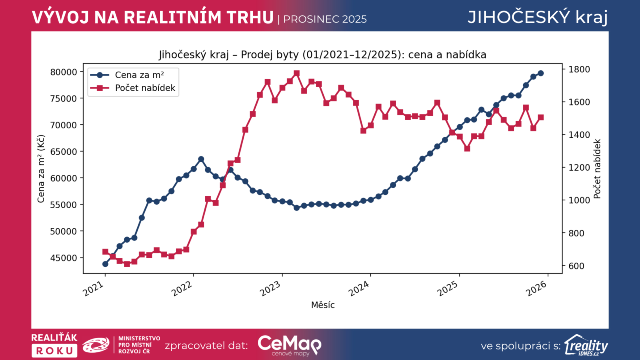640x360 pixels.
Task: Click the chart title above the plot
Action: tap(322, 54)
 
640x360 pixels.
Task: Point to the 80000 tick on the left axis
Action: tap(64, 72)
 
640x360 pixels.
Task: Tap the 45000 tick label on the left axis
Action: tap(64, 258)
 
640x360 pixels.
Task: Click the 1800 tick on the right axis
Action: tap(579, 69)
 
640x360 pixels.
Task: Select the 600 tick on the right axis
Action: tap(576, 266)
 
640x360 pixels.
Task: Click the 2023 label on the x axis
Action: tap(270, 288)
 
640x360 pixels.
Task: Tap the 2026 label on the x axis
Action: tap(536, 288)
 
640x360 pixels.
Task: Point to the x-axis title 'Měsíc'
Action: tap(323, 305)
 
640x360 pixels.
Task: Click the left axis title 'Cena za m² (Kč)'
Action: tap(41, 169)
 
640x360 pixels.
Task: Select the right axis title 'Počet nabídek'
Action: tap(597, 169)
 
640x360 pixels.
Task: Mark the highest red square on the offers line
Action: tap(297, 74)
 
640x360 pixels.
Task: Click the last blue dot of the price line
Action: tap(541, 73)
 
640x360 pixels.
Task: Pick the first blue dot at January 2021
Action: tap(105, 264)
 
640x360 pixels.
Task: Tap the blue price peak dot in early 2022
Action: tap(201, 159)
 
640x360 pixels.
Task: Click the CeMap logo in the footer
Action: tap(289, 345)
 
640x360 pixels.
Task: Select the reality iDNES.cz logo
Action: tap(586, 345)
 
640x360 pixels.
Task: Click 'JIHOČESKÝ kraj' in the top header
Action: tap(538, 17)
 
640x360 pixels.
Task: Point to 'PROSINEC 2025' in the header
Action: tap(325, 19)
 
